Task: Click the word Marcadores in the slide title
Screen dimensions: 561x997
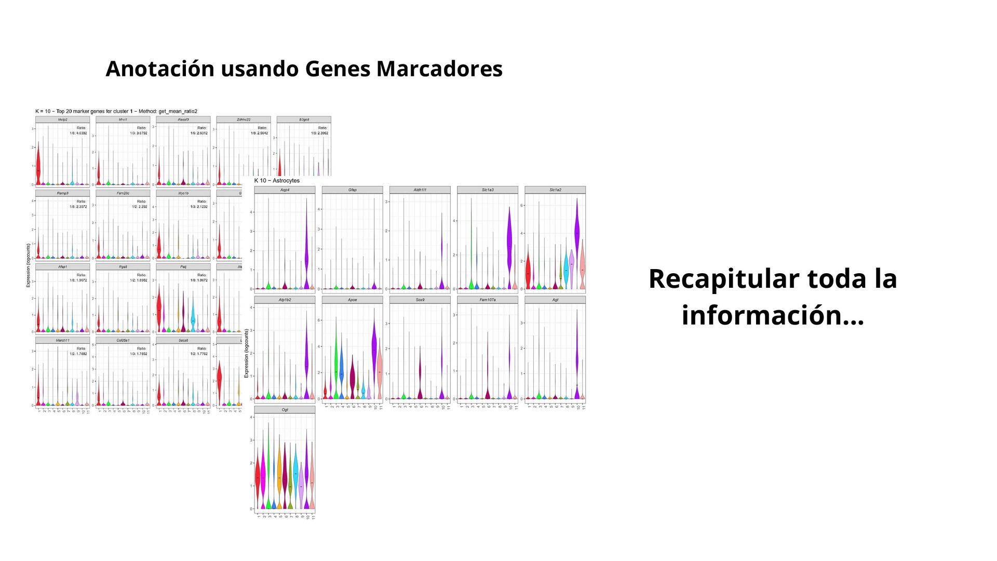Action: click(439, 69)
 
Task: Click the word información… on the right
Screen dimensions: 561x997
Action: click(773, 315)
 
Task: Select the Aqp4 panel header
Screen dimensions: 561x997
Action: click(285, 190)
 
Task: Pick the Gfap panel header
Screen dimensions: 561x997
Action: click(352, 190)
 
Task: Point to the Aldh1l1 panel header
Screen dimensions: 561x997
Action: click(420, 190)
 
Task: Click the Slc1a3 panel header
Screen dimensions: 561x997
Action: click(487, 190)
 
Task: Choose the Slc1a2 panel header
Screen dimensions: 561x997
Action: click(555, 190)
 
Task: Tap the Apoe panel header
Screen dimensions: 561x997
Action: click(352, 300)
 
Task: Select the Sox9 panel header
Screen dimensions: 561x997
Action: click(420, 300)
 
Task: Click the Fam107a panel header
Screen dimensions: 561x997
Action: click(487, 300)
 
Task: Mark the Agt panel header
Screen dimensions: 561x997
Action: click(555, 300)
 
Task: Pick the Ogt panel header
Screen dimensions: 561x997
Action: click(285, 410)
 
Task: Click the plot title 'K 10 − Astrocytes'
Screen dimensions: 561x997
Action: click(277, 181)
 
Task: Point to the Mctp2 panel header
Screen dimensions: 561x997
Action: click(62, 119)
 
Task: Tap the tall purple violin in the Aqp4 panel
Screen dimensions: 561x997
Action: click(306, 249)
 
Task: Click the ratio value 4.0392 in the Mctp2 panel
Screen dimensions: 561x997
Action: click(80, 133)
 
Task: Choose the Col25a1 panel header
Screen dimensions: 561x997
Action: click(123, 341)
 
